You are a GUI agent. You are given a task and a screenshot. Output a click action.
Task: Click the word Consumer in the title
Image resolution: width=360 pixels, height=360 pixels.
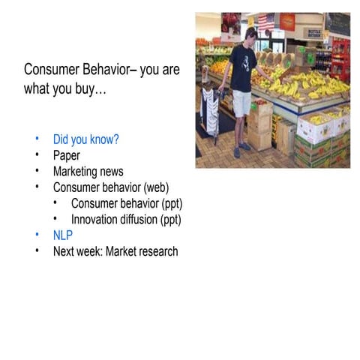pos(52,70)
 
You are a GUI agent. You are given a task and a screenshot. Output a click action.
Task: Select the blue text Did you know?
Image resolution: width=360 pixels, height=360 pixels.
pos(85,139)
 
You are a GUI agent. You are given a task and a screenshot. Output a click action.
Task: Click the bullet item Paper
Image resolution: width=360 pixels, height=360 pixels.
pos(66,155)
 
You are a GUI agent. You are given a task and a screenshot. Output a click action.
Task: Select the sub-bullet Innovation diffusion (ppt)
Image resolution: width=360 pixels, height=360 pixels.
pos(126,219)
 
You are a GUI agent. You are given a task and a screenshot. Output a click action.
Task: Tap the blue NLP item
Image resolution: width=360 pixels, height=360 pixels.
pos(63,235)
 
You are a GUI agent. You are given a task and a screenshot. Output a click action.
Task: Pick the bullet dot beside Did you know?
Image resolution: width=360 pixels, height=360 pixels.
pos(37,139)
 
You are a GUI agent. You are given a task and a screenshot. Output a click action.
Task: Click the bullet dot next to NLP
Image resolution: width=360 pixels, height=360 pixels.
pos(37,235)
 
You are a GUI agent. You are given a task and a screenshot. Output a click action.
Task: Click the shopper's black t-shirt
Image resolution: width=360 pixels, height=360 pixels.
pos(242,67)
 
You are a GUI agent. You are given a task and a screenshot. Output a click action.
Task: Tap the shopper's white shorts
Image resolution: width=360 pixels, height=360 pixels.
pos(241,103)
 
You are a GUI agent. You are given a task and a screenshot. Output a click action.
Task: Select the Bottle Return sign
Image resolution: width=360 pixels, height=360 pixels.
pos(313,33)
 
